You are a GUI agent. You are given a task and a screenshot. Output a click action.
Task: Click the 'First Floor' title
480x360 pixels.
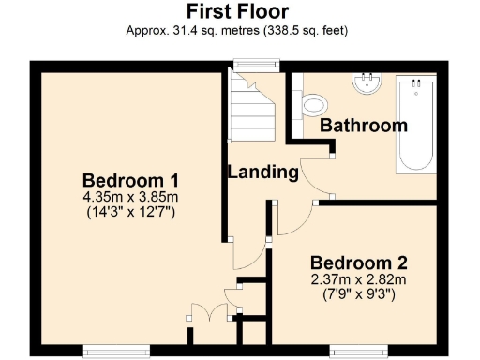pos(237,11)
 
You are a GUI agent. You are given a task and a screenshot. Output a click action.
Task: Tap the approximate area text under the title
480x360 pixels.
pos(237,30)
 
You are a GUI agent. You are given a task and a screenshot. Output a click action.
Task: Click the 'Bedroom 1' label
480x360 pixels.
pos(131,180)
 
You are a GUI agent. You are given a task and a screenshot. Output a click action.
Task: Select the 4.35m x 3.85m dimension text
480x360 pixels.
pos(131,197)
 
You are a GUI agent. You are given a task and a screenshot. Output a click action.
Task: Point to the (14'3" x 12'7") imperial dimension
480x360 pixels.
pos(131,212)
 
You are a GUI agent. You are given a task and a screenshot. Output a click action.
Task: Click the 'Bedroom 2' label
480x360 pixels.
pos(358,262)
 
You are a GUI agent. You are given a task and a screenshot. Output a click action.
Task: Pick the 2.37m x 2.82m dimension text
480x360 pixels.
pos(358,278)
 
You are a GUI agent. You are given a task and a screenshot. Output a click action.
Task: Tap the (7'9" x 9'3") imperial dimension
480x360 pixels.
pos(358,293)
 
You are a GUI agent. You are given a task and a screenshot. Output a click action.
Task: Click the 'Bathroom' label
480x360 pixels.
pos(364,125)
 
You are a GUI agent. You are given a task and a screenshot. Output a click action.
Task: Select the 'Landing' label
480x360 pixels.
pos(263,172)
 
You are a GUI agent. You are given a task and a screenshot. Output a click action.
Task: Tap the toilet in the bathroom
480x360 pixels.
pos(314,103)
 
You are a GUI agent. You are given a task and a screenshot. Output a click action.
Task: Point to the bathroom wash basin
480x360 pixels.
pos(367,83)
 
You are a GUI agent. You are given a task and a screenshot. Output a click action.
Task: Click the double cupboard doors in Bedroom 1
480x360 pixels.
pos(207,313)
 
